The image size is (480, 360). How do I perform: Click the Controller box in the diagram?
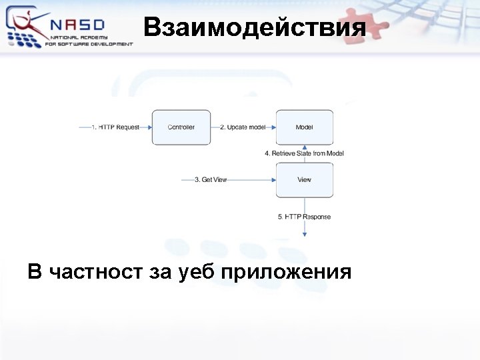181,127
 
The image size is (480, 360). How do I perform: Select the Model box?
304,127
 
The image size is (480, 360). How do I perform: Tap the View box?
304,180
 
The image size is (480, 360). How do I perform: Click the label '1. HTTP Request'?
115,127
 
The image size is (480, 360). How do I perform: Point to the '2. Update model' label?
243,127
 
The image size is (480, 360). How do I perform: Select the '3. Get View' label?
211,180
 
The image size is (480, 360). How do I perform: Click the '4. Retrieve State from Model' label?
304,153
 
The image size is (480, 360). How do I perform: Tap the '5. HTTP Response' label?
304,217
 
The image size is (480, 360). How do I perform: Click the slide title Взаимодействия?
255,28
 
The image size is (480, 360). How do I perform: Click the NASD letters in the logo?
78,24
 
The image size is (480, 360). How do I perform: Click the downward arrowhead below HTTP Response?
305,233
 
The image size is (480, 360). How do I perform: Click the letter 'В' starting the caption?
35,272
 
